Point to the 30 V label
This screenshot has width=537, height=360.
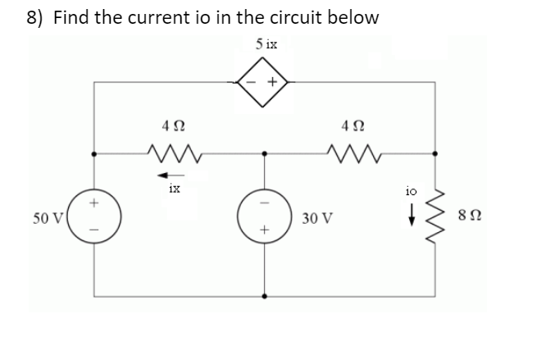[316, 219]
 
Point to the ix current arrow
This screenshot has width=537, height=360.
[168, 173]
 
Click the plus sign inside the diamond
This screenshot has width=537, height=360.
[275, 83]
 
